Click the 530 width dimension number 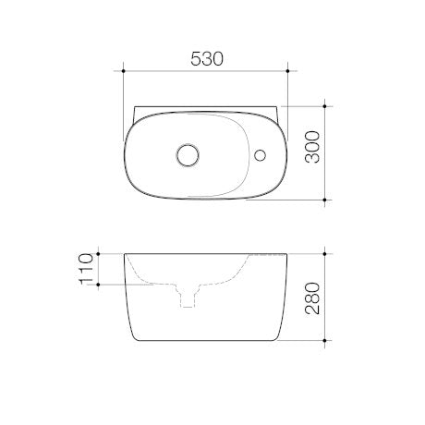coord(207,57)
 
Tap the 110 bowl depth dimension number coord(89,268)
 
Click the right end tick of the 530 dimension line coord(290,70)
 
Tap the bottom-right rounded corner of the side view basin coord(278,333)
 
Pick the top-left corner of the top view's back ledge coord(134,105)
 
